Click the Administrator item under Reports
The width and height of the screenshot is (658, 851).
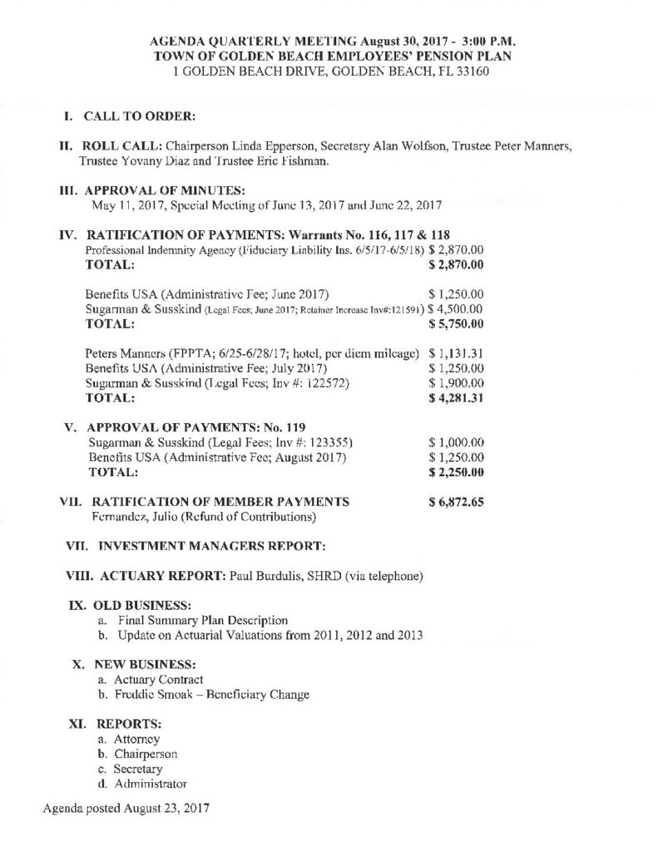(151, 783)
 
